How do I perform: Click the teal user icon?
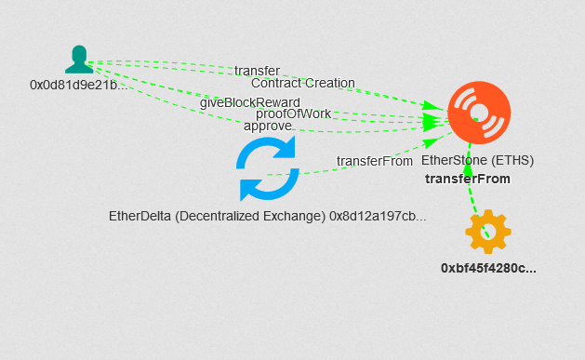click(x=79, y=59)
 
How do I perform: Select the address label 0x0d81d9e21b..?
click(x=77, y=85)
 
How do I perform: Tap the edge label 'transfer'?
click(x=257, y=71)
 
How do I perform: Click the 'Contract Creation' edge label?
click(x=303, y=83)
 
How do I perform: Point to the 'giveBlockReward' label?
click(x=249, y=101)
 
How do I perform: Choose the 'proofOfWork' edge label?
click(x=293, y=113)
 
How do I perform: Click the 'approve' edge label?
click(x=268, y=126)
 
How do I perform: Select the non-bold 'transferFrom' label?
click(x=375, y=160)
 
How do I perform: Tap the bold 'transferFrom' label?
click(x=467, y=179)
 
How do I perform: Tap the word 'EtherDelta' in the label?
click(x=140, y=216)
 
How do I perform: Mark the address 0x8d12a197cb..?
click(x=378, y=216)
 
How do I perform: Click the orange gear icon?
click(x=488, y=232)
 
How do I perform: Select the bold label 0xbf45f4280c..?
click(x=488, y=268)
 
